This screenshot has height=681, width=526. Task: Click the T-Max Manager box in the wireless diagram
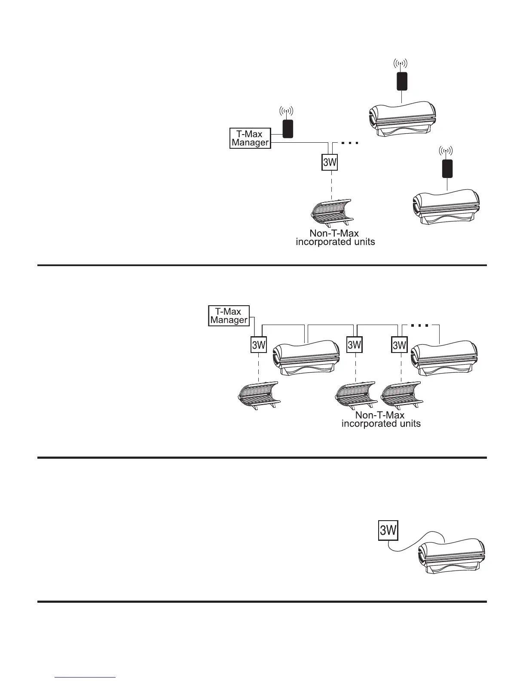pos(250,138)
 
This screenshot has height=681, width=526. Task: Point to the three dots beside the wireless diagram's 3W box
pos(349,143)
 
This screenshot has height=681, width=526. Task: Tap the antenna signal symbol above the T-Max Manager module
pos(287,111)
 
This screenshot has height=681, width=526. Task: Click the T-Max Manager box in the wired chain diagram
pos(229,316)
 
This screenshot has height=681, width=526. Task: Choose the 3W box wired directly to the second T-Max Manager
pos(259,345)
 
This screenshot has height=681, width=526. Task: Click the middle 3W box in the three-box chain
pos(355,345)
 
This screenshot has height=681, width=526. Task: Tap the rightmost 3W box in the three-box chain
pos(399,345)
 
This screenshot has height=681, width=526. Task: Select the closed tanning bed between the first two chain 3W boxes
pos(306,359)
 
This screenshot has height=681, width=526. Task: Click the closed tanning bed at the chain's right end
pos(444,359)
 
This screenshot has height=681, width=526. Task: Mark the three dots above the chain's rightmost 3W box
pos(419,325)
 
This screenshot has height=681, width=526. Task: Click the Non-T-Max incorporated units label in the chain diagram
pos(381,420)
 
